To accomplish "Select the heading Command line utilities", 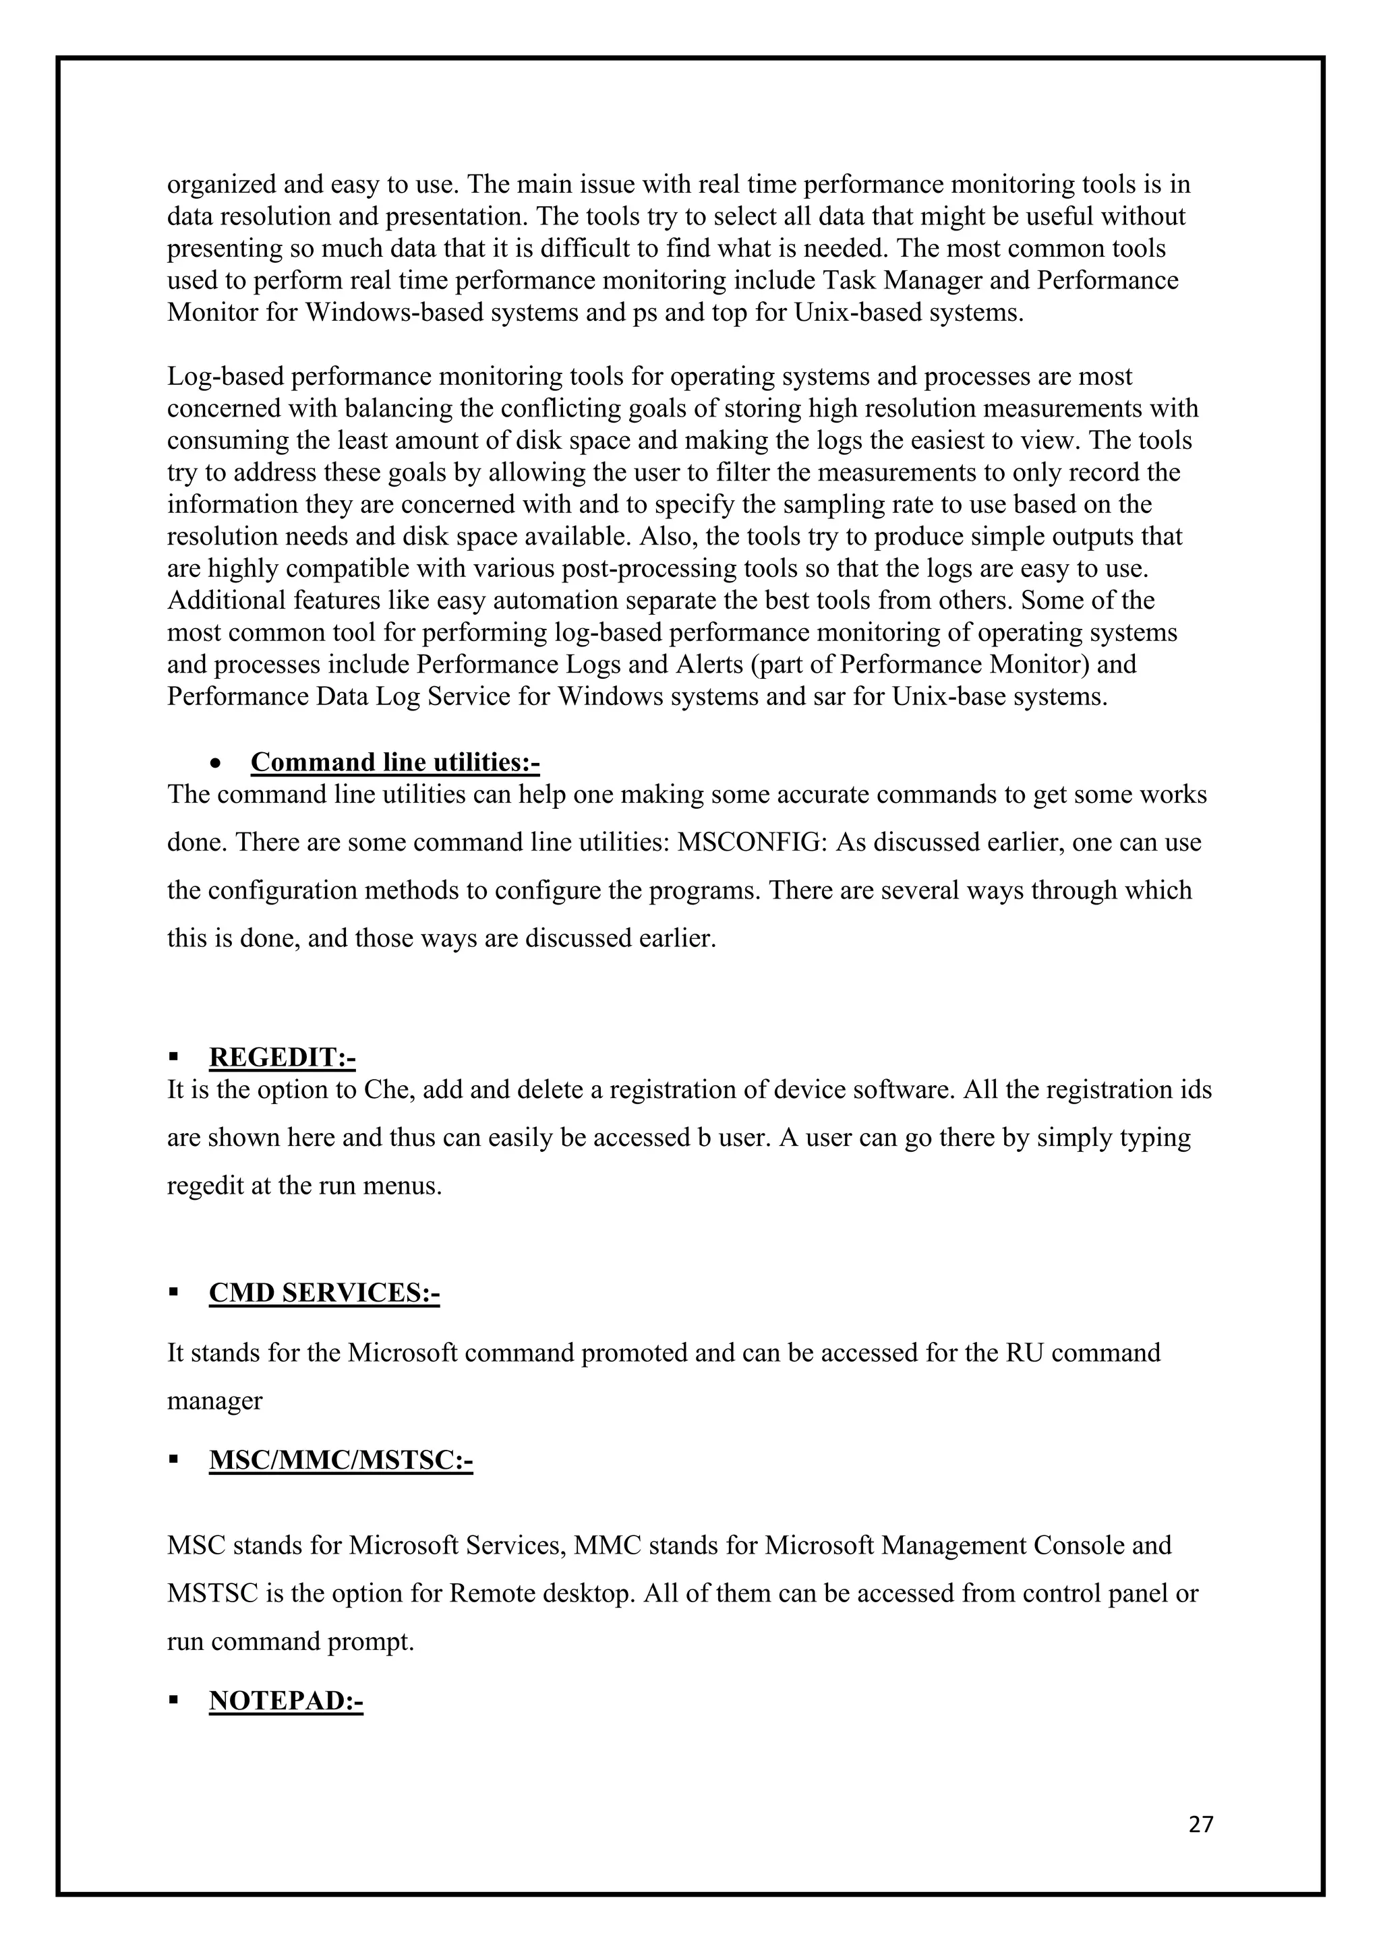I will (x=394, y=762).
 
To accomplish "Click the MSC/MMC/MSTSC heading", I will (x=340, y=1461).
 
